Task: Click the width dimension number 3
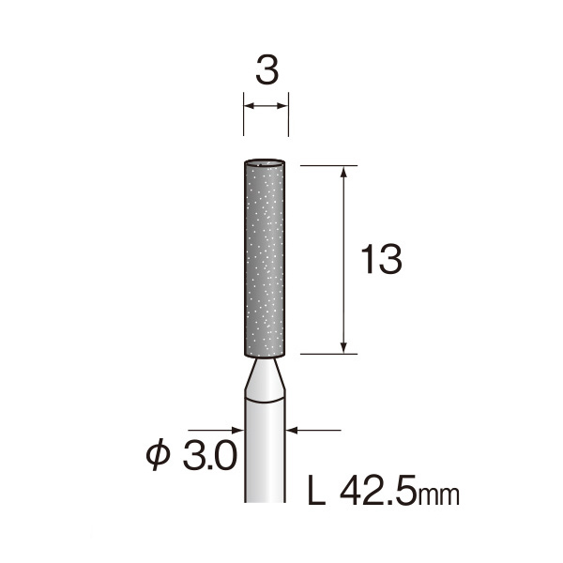267,70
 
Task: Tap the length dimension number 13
381,259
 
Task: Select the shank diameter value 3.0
210,455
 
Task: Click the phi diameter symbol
158,454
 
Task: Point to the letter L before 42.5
316,490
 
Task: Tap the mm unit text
437,495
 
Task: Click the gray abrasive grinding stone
265,258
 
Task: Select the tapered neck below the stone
265,379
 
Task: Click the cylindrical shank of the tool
265,450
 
